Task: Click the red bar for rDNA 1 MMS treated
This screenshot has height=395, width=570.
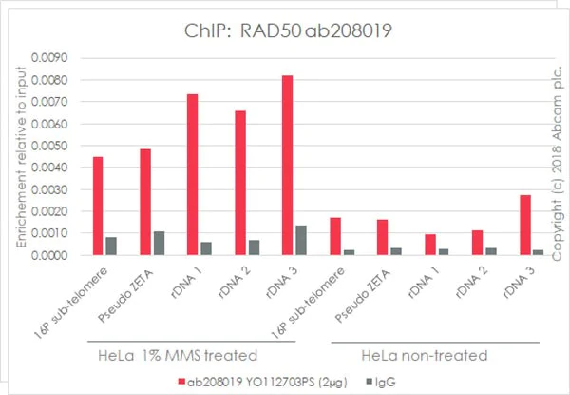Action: pyautogui.click(x=192, y=175)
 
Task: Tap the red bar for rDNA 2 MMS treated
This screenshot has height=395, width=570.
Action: pyautogui.click(x=240, y=183)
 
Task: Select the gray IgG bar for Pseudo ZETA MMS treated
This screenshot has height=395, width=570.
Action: pyautogui.click(x=159, y=244)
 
